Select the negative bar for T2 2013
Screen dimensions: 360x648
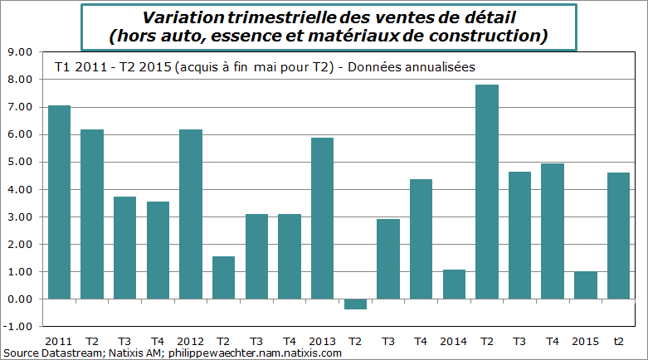[355, 304]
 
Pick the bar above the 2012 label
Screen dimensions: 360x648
[190, 214]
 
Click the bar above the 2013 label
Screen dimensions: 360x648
[322, 218]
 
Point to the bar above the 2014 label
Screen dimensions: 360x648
[454, 284]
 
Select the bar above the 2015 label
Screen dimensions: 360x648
[586, 285]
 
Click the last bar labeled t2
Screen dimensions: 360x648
[619, 236]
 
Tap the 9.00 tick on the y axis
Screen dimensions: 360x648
[20, 52]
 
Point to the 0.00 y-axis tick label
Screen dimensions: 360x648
[20, 299]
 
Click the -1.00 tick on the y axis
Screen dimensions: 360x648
[18, 326]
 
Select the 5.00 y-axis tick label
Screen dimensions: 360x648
[20, 162]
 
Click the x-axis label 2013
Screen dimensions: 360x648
[322, 340]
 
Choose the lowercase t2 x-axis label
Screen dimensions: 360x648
[619, 340]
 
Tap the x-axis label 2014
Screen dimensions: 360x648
[454, 340]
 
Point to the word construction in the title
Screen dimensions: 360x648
[495, 36]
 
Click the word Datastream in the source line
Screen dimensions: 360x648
[70, 353]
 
